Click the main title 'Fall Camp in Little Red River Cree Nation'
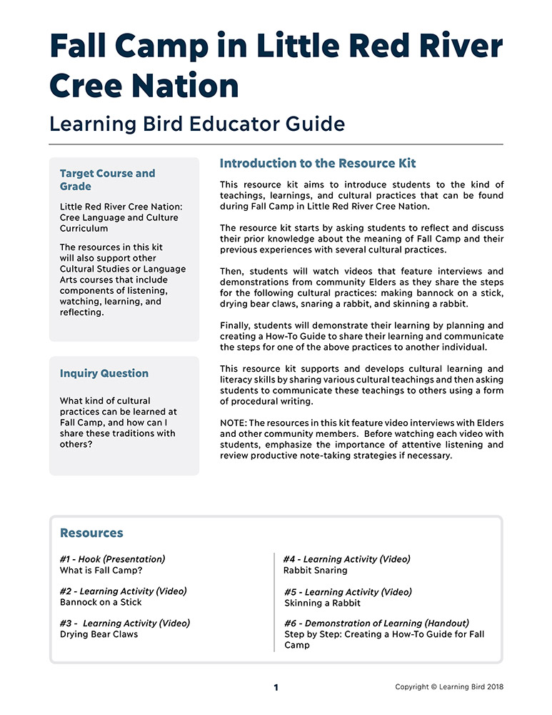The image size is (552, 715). (x=276, y=66)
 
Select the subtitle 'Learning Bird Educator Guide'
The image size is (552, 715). (x=197, y=124)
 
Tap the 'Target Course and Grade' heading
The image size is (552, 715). (x=107, y=179)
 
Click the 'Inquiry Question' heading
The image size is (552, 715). (x=104, y=373)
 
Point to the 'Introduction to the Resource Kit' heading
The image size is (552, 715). (x=318, y=163)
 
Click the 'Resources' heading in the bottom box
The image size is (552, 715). (x=91, y=533)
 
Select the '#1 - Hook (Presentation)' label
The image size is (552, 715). (x=113, y=559)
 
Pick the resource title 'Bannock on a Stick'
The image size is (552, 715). (x=101, y=602)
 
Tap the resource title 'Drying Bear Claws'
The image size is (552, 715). (x=99, y=633)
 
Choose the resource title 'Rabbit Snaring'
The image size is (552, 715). (x=316, y=571)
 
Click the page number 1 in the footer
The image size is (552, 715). (x=276, y=688)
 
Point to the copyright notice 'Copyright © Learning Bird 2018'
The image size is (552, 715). (x=449, y=687)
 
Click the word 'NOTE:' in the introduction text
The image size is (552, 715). (x=235, y=424)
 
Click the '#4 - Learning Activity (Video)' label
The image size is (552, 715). (x=347, y=559)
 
